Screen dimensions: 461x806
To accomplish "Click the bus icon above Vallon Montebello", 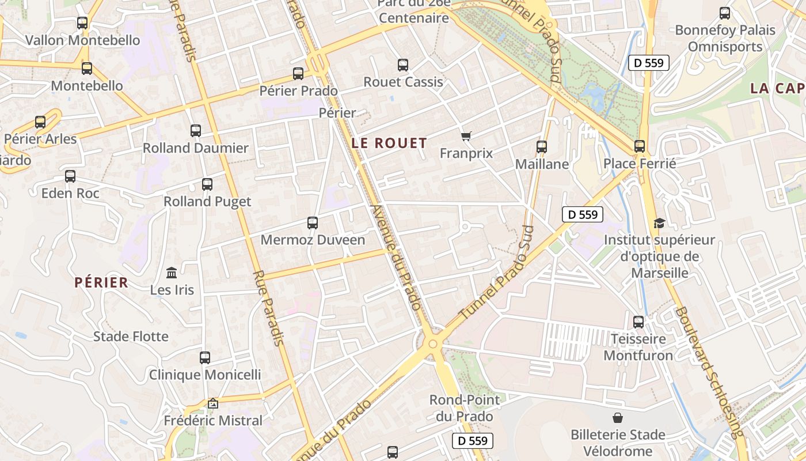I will (x=82, y=23).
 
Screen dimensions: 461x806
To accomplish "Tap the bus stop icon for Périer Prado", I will (x=298, y=74).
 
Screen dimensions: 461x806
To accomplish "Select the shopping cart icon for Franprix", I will (x=466, y=136).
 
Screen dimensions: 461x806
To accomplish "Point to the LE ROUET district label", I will (x=389, y=143).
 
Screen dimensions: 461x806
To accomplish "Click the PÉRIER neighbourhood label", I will (x=101, y=282).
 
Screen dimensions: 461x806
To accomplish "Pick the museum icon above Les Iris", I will (x=172, y=273).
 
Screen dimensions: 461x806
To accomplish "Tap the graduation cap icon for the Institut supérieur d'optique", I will (x=659, y=223).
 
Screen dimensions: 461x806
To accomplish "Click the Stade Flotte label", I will (x=131, y=337).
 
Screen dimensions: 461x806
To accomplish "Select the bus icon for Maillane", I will (x=542, y=147).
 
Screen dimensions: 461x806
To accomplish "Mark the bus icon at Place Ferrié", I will (x=640, y=146).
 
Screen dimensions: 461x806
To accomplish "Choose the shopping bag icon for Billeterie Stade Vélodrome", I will (x=618, y=417).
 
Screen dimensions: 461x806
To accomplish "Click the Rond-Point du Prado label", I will (x=465, y=408).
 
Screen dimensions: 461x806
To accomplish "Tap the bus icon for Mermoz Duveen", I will (x=313, y=223).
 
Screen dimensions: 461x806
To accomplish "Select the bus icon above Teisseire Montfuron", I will (x=638, y=322).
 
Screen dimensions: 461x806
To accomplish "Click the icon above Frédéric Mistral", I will (x=213, y=403).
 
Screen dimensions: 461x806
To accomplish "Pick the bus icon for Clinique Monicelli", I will (x=205, y=358).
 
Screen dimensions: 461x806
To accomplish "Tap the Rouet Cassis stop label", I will (x=403, y=82).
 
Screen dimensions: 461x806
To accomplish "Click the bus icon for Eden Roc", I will (x=70, y=176).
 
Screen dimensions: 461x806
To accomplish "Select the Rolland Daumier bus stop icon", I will (x=196, y=131).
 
